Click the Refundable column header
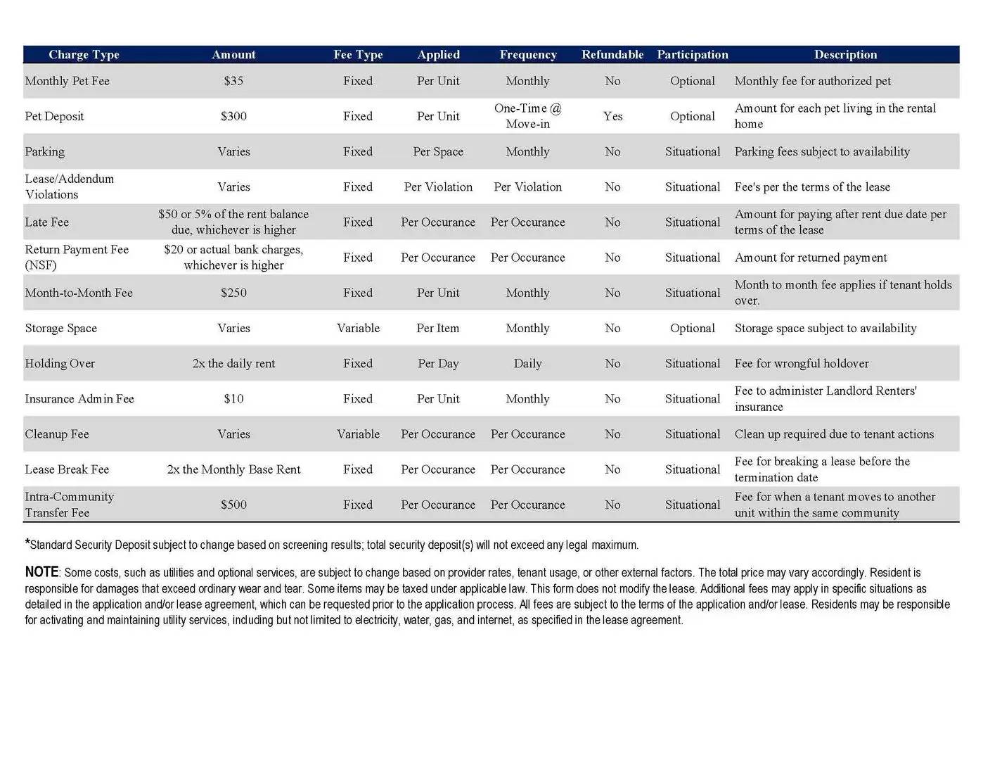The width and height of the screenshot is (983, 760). click(x=612, y=55)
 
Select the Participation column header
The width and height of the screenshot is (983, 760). click(x=692, y=55)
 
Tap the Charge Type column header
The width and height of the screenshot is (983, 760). click(x=84, y=55)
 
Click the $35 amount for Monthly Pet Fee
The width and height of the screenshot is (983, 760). click(x=233, y=81)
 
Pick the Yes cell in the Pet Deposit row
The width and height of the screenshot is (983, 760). click(x=612, y=116)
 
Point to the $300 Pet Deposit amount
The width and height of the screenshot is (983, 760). click(x=233, y=116)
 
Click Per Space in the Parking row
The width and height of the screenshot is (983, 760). click(x=438, y=151)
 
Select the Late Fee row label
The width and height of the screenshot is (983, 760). click(x=47, y=222)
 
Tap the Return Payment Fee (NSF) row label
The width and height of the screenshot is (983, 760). click(x=77, y=258)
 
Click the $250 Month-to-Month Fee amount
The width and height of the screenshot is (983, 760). click(x=233, y=293)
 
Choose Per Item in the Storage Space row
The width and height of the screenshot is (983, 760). click(x=438, y=328)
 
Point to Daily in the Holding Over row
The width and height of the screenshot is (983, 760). click(x=527, y=364)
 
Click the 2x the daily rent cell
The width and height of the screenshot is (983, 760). click(x=233, y=364)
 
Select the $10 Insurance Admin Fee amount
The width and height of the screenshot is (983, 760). click(x=233, y=399)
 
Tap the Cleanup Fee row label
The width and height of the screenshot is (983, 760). click(x=57, y=434)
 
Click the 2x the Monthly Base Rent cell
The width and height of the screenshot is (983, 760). click(x=233, y=469)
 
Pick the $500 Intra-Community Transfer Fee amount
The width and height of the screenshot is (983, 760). click(x=233, y=505)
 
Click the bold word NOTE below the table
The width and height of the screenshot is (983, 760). click(x=41, y=572)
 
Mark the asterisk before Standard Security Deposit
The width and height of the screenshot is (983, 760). click(x=27, y=543)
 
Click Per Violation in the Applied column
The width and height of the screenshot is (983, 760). click(x=438, y=187)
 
